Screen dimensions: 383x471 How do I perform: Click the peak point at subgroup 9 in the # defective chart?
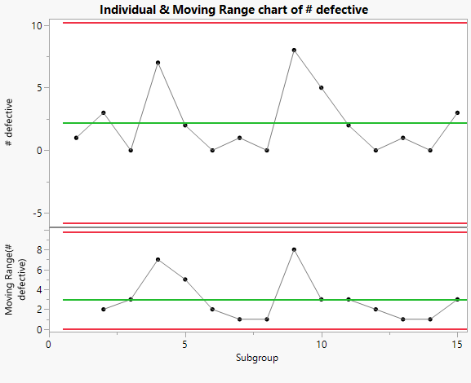(x=294, y=50)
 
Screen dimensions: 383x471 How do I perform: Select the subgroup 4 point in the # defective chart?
(x=158, y=63)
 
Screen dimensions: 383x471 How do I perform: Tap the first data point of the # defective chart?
(x=76, y=138)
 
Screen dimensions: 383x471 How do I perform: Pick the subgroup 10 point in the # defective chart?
(x=321, y=87)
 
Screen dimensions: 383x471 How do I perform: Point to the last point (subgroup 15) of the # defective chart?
(x=457, y=112)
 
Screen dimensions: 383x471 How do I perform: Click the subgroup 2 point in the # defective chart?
(x=103, y=112)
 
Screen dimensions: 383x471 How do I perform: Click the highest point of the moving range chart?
(x=294, y=249)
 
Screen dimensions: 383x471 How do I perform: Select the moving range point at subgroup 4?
(x=158, y=259)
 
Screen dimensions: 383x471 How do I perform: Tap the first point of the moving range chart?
(x=103, y=310)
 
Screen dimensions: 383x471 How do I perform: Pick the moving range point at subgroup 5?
(x=185, y=280)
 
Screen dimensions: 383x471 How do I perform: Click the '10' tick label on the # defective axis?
(x=37, y=25)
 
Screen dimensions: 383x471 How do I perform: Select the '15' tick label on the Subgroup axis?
(x=457, y=344)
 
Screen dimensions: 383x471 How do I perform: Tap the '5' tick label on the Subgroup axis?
(x=185, y=344)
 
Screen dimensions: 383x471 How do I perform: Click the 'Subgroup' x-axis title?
(x=253, y=358)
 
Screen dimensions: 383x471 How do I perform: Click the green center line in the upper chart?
(x=245, y=123)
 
